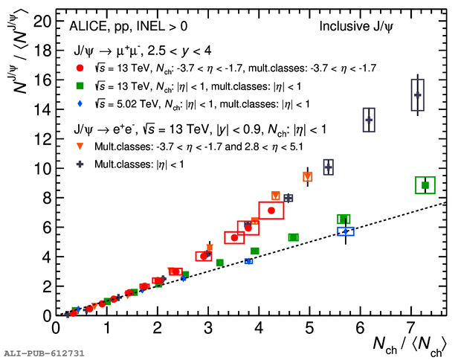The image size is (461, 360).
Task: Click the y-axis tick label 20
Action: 42,21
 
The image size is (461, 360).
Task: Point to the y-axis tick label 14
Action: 42,109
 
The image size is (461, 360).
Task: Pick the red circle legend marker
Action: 80,68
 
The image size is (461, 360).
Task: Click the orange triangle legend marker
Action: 80,147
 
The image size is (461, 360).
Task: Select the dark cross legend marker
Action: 80,164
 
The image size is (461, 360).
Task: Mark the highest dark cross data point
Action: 418,95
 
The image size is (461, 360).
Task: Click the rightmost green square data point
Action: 425,185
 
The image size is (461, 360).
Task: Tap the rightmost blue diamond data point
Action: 345,232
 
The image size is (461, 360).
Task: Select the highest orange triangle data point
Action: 307,177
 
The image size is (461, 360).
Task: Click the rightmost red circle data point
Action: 271,210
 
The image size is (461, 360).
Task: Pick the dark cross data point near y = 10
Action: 328,167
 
